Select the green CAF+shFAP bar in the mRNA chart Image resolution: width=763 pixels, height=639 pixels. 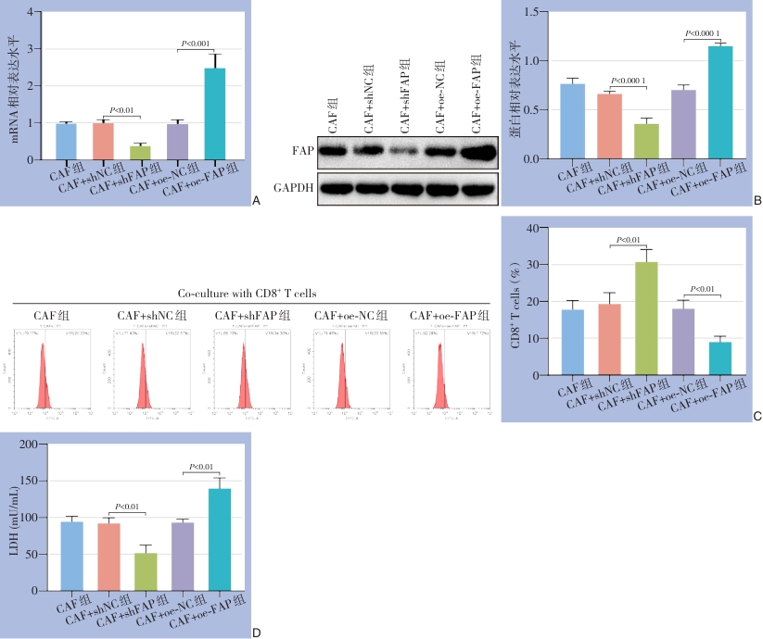140,153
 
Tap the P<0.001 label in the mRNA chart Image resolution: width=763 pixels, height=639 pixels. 196,44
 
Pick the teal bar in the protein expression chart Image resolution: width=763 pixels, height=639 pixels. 720,103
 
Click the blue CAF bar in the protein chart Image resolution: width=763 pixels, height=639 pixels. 572,121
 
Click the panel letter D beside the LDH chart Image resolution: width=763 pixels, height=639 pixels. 257,633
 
